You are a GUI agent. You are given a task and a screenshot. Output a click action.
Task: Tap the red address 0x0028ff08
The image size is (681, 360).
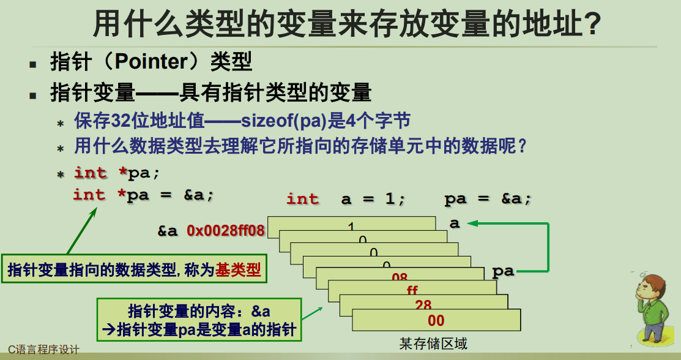pos(226,230)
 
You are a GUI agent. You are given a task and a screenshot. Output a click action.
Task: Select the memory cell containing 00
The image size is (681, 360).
pos(436,320)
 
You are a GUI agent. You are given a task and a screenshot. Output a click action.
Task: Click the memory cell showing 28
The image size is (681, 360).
pos(423,305)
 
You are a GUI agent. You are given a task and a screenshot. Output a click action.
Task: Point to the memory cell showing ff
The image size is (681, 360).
pos(412,290)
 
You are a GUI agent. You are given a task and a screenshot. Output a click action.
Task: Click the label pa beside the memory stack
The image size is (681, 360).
pos(503,271)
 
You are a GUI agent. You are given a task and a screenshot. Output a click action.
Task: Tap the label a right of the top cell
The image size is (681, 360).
pos(454,223)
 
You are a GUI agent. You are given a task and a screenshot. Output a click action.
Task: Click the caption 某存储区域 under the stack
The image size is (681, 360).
pos(433,343)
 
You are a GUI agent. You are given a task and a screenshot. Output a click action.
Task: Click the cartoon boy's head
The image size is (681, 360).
pos(654,288)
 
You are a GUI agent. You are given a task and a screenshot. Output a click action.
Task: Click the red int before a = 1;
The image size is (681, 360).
pos(302,199)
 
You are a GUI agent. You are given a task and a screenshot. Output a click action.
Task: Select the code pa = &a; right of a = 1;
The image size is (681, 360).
pos(488,199)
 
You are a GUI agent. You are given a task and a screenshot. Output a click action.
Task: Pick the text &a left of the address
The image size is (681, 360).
pos(167,231)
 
